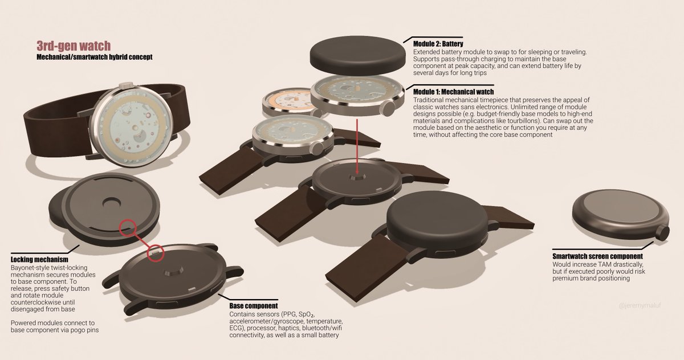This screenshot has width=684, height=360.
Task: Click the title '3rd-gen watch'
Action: pos(74,46)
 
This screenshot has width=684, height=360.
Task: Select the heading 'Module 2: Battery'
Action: pos(438,44)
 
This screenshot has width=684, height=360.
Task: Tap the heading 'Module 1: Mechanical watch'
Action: pos(454,92)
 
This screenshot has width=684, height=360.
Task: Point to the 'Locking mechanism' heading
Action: pos(39,260)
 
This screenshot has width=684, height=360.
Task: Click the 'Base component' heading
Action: pos(254,306)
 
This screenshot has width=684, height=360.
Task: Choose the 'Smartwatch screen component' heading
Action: pos(597,256)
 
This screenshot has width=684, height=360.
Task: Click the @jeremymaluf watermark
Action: pos(640,305)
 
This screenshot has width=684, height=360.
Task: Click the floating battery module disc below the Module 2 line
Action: pos(358,56)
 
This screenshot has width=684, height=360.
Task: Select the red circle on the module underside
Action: pos(127,228)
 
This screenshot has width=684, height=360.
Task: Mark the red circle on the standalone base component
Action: pos(156,253)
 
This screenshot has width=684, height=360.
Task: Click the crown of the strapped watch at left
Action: pos(126,85)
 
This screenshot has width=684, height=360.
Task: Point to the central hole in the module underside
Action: pos(111,202)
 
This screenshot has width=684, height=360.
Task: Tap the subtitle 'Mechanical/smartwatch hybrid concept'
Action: pos(95,57)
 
